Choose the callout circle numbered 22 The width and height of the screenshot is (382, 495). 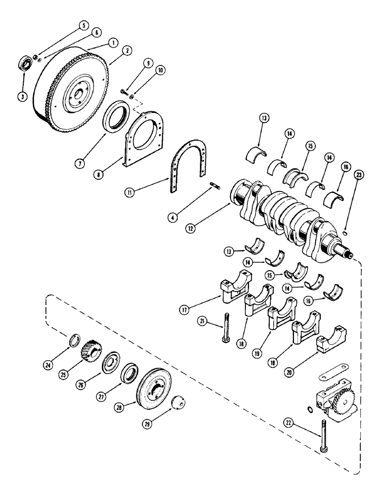point(288,422)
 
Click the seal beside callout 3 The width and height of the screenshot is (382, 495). point(25,65)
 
